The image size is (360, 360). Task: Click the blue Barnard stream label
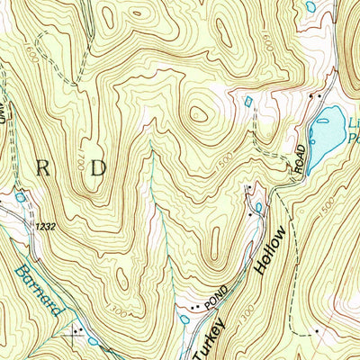tap(40, 290)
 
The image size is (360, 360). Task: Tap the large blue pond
tap(326, 129)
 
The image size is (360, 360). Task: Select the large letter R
tap(42, 167)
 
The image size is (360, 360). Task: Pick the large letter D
tap(97, 167)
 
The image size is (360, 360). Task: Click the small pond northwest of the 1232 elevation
tap(20, 196)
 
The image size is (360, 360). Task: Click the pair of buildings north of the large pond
tap(314, 95)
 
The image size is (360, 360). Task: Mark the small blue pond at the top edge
tap(310, 6)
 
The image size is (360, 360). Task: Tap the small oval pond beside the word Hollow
tap(259, 209)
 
